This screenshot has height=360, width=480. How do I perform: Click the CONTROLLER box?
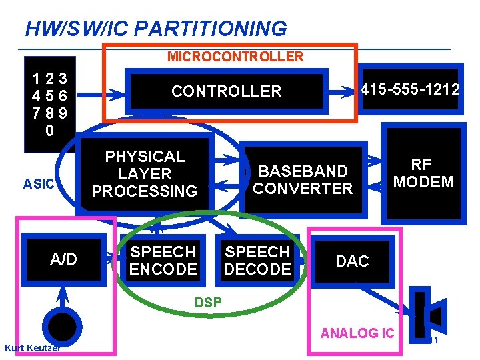click(226, 91)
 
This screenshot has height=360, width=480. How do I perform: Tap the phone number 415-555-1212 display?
click(409, 89)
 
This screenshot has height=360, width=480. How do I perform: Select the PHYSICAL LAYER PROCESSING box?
click(145, 174)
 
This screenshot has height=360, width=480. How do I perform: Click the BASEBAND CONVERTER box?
click(303, 180)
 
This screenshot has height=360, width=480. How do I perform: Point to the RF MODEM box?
click(423, 174)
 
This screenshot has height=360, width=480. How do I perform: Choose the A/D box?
click(64, 259)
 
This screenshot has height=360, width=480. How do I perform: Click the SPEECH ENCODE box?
click(163, 261)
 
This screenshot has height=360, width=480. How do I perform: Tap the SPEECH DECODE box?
click(257, 261)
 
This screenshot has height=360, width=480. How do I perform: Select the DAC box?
click(352, 261)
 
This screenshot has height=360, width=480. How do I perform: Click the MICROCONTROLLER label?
click(235, 57)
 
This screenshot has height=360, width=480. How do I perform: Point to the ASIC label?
click(39, 183)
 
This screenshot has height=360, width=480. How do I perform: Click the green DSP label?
click(208, 303)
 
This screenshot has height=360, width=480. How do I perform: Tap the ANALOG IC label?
click(358, 333)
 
